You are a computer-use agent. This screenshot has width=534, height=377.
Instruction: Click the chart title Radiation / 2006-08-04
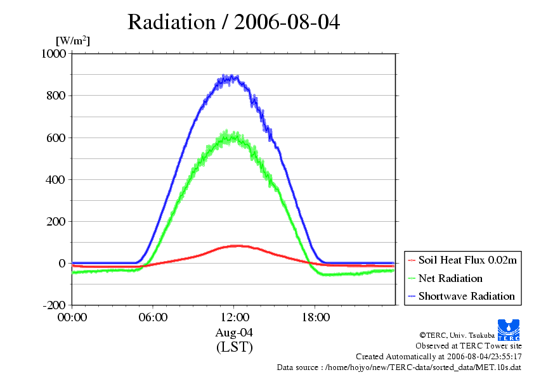pyautogui.click(x=233, y=22)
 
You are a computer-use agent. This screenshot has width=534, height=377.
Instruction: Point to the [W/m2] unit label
pyautogui.click(x=73, y=41)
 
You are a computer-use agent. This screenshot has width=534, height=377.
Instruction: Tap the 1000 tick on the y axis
pyautogui.click(x=54, y=54)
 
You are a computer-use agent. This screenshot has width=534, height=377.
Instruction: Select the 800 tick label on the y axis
pyautogui.click(x=56, y=96)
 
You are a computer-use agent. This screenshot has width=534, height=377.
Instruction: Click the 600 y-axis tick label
pyautogui.click(x=56, y=137)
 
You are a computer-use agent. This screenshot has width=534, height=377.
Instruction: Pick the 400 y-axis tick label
pyautogui.click(x=56, y=179)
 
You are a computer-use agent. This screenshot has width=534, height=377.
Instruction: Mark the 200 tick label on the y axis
pyautogui.click(x=56, y=221)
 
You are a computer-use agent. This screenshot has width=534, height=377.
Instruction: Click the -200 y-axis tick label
pyautogui.click(x=55, y=305)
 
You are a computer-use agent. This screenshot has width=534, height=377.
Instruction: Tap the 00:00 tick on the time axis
pyautogui.click(x=72, y=317)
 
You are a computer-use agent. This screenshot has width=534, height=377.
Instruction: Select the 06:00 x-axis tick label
pyautogui.click(x=153, y=317)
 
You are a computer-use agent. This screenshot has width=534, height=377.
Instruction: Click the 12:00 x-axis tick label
pyautogui.click(x=234, y=317)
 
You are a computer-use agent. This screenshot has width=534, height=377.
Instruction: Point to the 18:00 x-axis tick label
pyautogui.click(x=315, y=317)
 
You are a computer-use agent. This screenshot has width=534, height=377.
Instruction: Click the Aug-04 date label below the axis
pyautogui.click(x=234, y=332)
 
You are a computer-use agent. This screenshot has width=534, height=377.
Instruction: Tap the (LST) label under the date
pyautogui.click(x=234, y=347)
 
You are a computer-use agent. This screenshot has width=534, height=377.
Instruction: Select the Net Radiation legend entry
pyautogui.click(x=450, y=278)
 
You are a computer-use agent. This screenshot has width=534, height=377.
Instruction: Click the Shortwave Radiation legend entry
pyautogui.click(x=466, y=296)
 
